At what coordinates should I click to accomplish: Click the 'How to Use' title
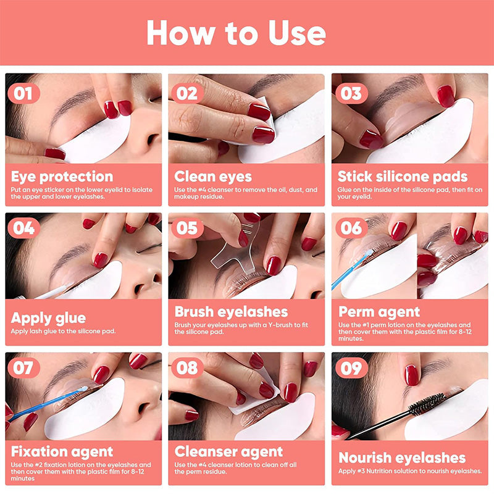(236, 33)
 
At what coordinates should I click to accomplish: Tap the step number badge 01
(23, 94)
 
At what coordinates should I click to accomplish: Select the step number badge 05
(187, 228)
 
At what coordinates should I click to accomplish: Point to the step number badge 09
(351, 367)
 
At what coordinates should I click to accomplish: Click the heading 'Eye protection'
(62, 177)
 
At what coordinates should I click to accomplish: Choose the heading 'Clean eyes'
(213, 177)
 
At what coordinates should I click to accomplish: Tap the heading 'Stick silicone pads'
(403, 177)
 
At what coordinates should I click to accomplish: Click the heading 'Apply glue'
(48, 318)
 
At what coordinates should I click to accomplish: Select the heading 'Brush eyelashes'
(231, 312)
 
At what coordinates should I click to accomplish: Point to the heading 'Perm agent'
(379, 312)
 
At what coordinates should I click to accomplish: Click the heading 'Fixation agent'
(62, 452)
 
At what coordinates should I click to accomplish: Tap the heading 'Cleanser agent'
(228, 452)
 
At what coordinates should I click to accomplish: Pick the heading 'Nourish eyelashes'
(402, 458)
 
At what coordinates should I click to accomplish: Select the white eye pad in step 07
(85, 409)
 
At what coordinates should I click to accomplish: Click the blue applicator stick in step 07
(48, 404)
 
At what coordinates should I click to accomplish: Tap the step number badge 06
(351, 228)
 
